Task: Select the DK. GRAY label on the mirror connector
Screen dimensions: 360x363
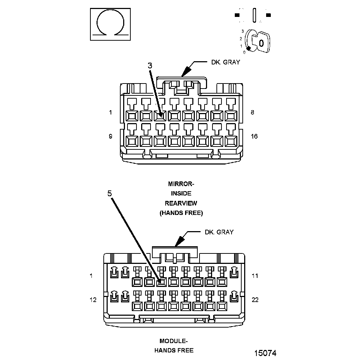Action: click(x=225, y=62)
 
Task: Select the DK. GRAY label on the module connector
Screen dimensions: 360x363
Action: click(x=219, y=232)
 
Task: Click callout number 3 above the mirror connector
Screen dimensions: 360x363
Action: click(x=150, y=66)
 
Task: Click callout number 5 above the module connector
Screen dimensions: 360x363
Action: click(x=109, y=193)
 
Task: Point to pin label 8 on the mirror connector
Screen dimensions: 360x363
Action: click(x=252, y=112)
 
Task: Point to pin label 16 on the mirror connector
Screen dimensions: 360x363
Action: click(x=254, y=136)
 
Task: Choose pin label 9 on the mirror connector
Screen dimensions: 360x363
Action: click(x=110, y=136)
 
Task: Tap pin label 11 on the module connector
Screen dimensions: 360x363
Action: click(x=255, y=276)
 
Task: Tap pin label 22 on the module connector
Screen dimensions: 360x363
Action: click(x=255, y=300)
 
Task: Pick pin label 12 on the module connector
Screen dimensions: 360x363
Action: click(x=93, y=300)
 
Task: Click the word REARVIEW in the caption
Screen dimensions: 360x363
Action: click(x=181, y=203)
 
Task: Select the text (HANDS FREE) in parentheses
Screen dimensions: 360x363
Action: click(x=181, y=213)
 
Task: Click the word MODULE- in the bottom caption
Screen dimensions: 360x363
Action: click(x=174, y=341)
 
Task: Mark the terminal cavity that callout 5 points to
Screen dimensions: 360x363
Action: click(x=162, y=281)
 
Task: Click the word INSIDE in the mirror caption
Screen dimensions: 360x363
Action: click(x=181, y=194)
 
